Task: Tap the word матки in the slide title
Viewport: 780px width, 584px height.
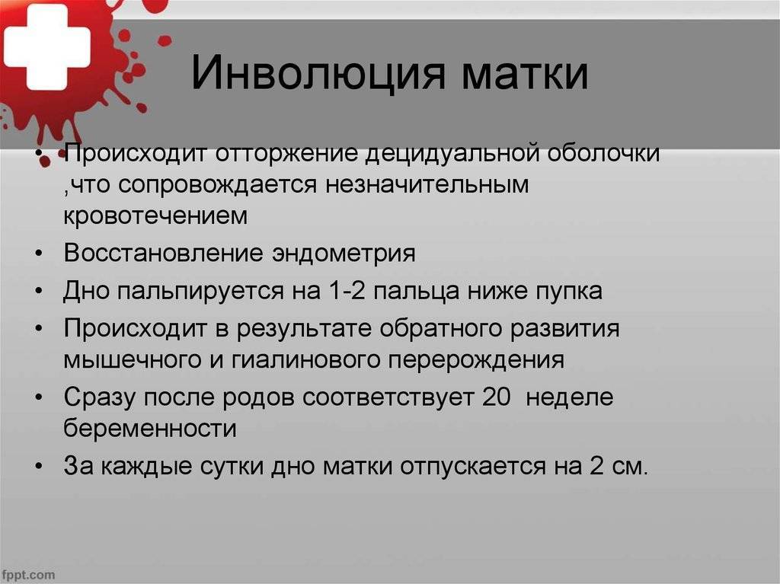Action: click(x=525, y=75)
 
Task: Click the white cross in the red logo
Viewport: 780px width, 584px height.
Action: click(x=47, y=46)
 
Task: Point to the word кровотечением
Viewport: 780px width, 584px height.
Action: click(x=155, y=215)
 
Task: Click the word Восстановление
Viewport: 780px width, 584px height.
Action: click(x=164, y=253)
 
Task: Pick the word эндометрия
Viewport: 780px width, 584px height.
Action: click(x=344, y=254)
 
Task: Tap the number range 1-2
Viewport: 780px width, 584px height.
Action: click(x=347, y=291)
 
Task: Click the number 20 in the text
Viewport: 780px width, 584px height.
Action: click(x=496, y=397)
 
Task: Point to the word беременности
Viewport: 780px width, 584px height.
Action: click(x=150, y=429)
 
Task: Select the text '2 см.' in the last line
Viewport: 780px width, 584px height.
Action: click(x=619, y=466)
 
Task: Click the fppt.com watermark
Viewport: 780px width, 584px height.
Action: click(x=28, y=575)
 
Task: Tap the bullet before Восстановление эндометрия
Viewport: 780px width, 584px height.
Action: click(x=40, y=254)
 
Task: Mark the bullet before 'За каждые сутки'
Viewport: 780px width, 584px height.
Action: click(x=40, y=466)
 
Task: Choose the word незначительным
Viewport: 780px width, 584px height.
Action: click(x=427, y=184)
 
